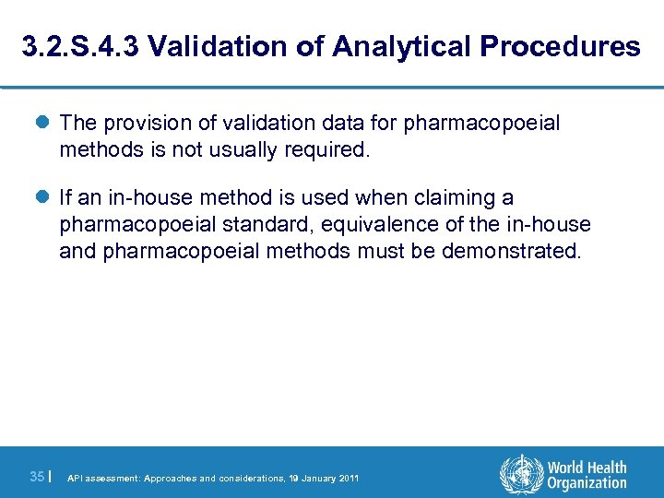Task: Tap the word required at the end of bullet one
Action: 330,149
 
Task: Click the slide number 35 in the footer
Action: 37,477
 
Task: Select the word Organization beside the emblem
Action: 587,484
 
